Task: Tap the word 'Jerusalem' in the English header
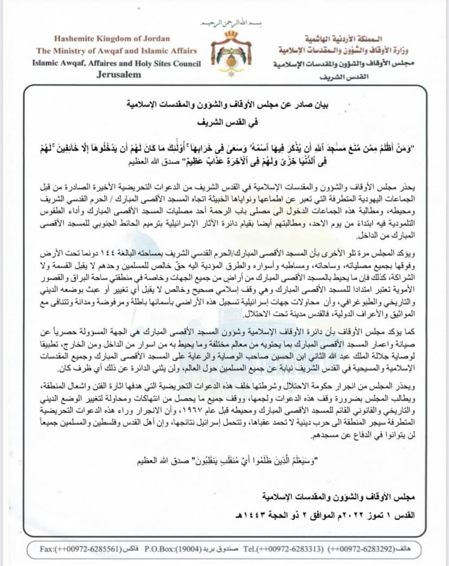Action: [118, 74]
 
